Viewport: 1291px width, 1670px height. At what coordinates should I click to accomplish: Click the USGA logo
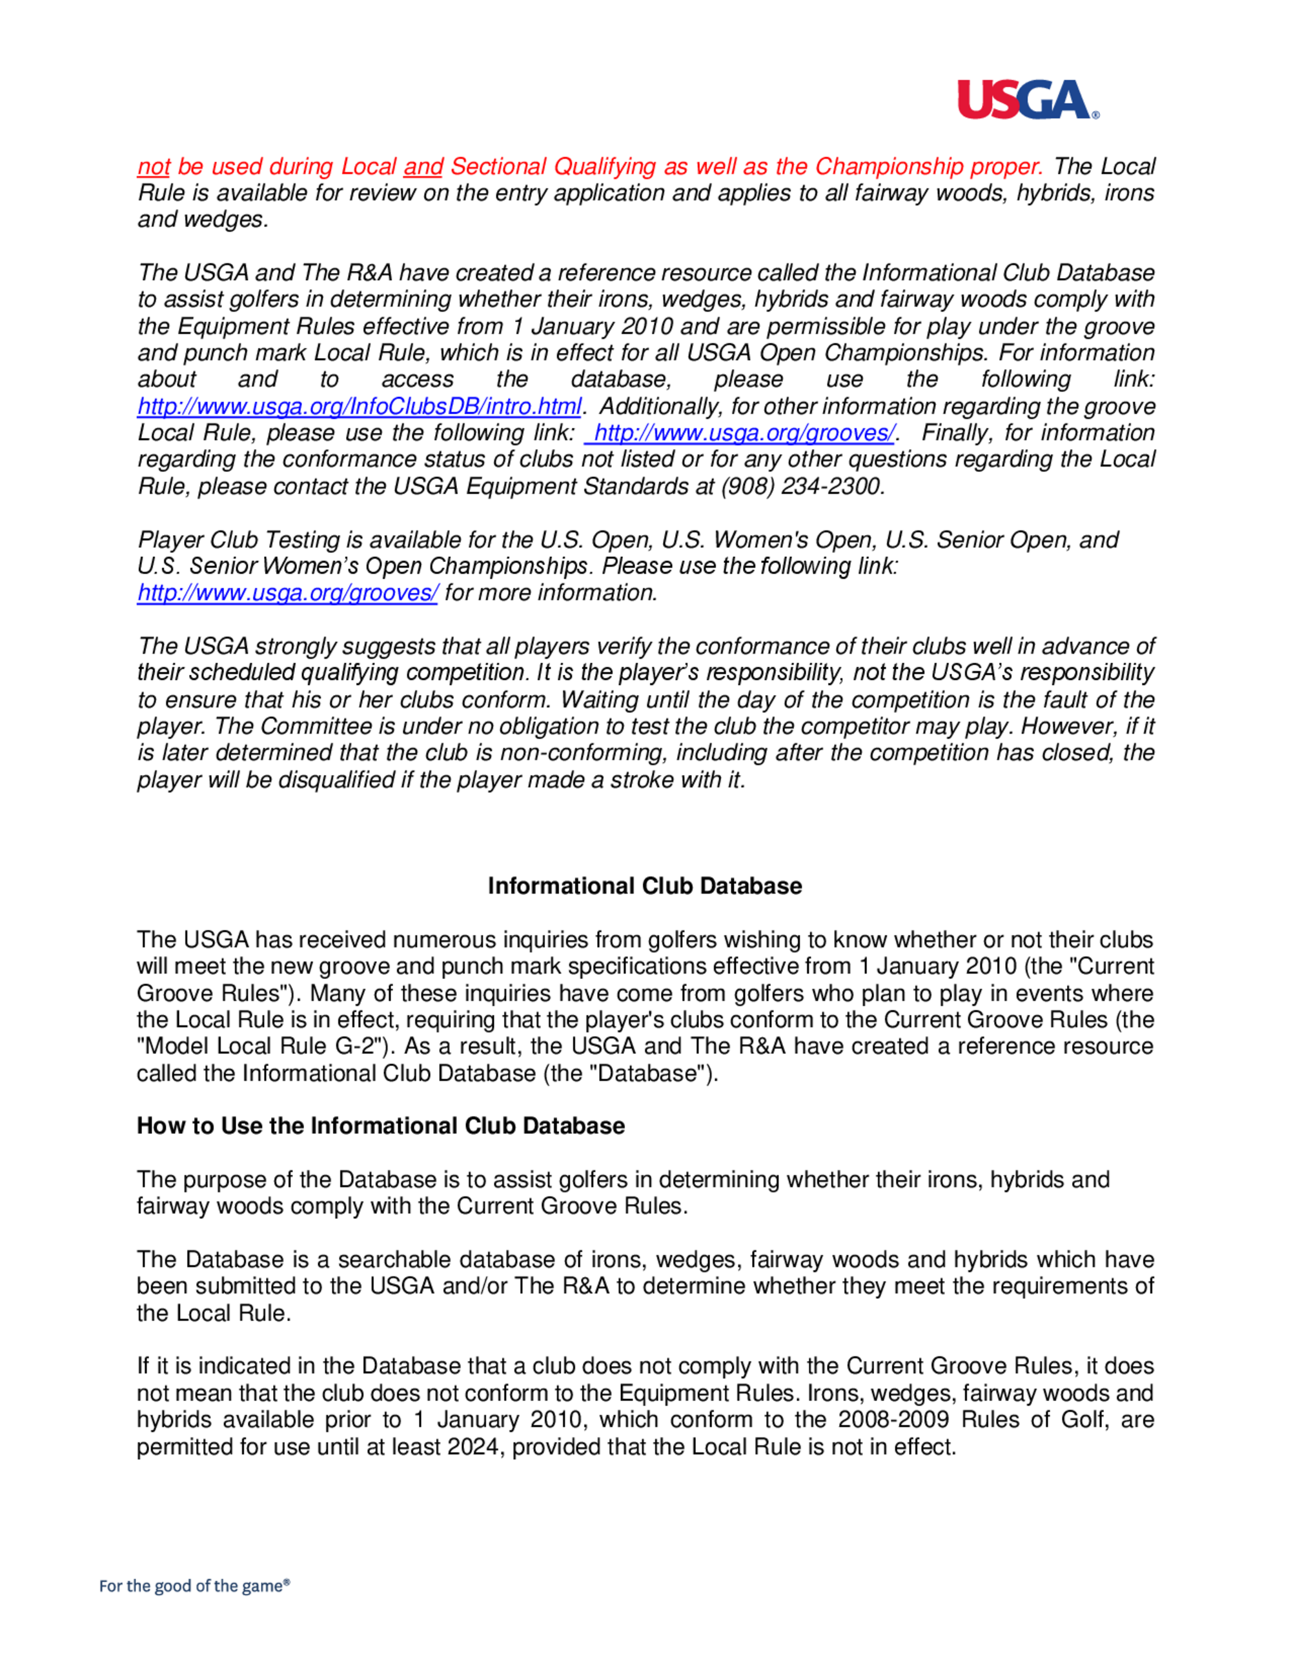click(x=1027, y=100)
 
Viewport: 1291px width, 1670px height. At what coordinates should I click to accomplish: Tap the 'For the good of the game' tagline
click(x=194, y=1586)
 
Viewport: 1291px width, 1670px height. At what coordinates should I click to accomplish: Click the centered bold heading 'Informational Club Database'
click(x=645, y=885)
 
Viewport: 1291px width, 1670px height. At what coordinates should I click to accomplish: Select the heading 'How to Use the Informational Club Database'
click(x=380, y=1125)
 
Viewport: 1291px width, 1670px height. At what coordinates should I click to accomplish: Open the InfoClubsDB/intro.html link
click(x=359, y=406)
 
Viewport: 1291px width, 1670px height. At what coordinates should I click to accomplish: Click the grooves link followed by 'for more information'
click(x=287, y=592)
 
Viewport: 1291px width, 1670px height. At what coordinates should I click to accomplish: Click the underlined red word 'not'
click(x=154, y=166)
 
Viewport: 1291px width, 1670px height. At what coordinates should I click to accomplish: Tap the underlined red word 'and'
click(x=423, y=166)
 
